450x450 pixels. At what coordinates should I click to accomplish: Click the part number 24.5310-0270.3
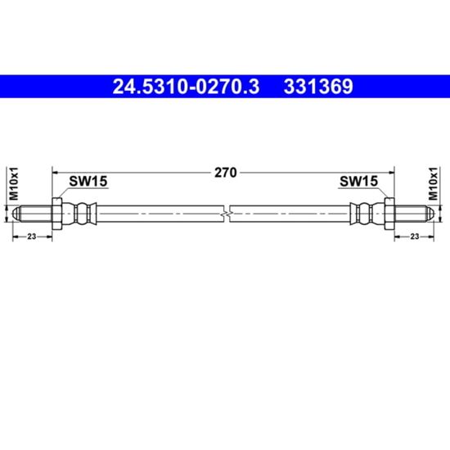pyautogui.click(x=186, y=87)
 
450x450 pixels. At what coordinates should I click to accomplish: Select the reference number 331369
pyautogui.click(x=318, y=87)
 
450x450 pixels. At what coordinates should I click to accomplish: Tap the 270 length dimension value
pyautogui.click(x=226, y=173)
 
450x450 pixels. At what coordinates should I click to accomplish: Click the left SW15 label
pyautogui.click(x=88, y=181)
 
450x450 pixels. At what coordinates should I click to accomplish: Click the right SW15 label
pyautogui.click(x=358, y=181)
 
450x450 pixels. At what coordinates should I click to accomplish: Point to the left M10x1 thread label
pyautogui.click(x=14, y=183)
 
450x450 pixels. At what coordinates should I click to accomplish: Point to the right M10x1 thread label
pyautogui.click(x=433, y=183)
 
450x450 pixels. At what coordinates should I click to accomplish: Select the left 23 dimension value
pyautogui.click(x=32, y=236)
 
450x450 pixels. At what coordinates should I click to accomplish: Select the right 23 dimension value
pyautogui.click(x=415, y=236)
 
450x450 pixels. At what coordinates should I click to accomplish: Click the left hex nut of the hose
pyautogui.click(x=56, y=214)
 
